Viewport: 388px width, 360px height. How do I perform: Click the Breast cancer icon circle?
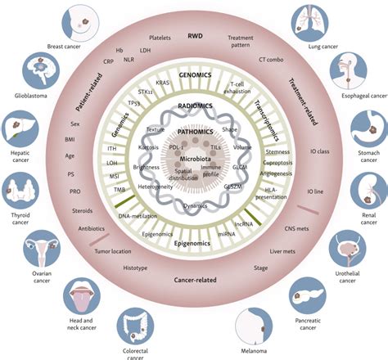pos(84,20)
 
